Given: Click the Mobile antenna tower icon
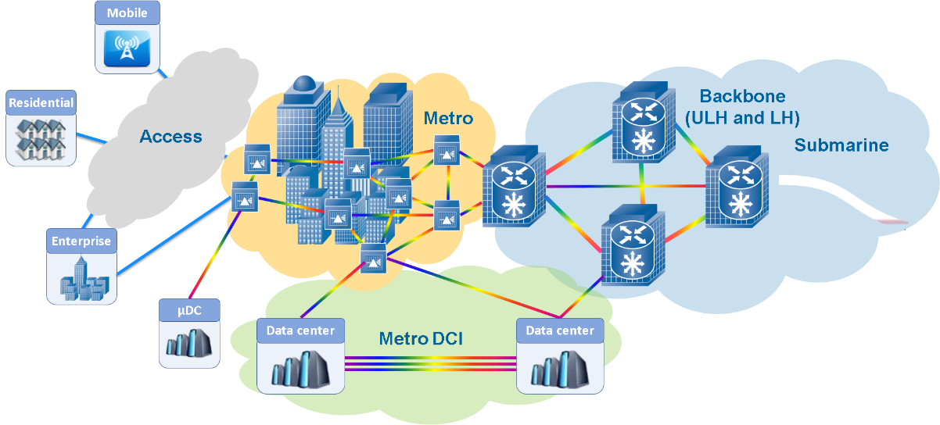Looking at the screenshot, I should coord(127,48).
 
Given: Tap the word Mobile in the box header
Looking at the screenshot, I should coord(127,12).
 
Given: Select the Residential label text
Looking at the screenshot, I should coord(41,102).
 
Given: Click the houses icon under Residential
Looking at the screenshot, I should coord(41,137).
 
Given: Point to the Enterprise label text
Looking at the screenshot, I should coord(81,241).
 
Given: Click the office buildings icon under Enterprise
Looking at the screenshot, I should coord(81,277).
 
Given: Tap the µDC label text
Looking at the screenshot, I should coord(189,309).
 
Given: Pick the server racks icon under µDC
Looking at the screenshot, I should coord(189,343).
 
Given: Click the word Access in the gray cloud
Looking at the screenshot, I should coord(170,137).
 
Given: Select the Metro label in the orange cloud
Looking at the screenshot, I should coord(448,119).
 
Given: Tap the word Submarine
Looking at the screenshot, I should coord(841,145).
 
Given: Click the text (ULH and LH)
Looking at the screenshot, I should coord(741,119).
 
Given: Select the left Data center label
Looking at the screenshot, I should coord(300,330).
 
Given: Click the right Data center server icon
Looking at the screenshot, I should coord(560,368).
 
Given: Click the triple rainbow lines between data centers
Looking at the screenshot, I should coord(430,364).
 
